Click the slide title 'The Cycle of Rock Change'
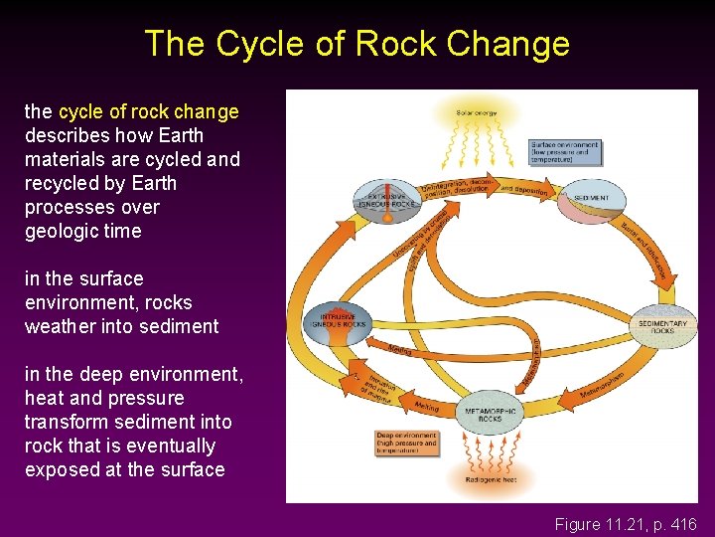[357, 44]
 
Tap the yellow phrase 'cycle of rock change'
[149, 111]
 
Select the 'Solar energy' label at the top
[478, 111]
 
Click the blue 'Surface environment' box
[566, 151]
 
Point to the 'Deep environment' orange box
[407, 442]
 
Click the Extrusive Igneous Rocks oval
[386, 198]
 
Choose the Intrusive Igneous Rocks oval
[341, 320]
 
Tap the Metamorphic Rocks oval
[490, 414]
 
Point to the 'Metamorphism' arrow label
[602, 388]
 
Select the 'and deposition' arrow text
[524, 190]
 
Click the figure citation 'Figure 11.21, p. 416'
[626, 524]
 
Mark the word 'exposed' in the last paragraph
[59, 469]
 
